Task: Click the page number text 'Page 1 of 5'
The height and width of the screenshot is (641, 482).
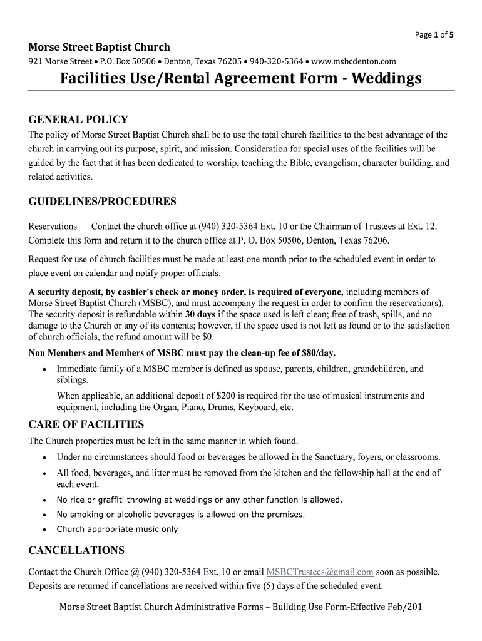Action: [434, 35]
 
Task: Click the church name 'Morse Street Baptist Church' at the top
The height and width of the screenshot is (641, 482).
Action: [99, 48]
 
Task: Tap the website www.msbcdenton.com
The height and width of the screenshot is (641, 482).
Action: [354, 61]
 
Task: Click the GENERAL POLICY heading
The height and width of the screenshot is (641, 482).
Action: [78, 120]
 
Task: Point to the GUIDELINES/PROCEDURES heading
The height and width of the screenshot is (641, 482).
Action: [103, 202]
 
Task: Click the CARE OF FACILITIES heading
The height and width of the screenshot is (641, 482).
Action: [86, 424]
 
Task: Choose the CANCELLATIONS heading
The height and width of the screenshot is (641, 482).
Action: [76, 551]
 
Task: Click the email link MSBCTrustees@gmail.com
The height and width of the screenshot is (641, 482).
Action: [320, 572]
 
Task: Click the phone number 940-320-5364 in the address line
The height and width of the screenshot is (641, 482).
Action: [277, 61]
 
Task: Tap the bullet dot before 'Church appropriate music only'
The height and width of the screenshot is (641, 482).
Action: [44, 530]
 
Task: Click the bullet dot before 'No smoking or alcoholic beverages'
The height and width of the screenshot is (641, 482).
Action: [44, 515]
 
